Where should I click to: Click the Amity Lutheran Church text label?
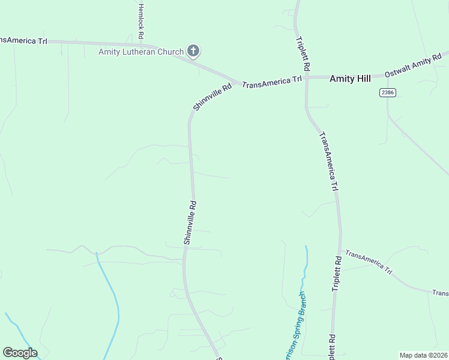[141, 52]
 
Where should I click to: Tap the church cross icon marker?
[193, 51]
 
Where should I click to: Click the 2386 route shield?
[387, 92]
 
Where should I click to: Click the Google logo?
[20, 353]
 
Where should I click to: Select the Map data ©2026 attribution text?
[423, 355]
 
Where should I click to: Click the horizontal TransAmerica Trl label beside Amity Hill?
[271, 82]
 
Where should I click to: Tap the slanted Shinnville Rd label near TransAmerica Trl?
[212, 97]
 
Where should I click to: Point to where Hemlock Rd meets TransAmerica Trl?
[142, 44]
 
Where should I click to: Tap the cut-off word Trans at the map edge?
[440, 293]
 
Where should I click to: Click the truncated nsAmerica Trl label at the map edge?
[23, 40]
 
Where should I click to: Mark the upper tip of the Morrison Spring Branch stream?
[306, 247]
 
